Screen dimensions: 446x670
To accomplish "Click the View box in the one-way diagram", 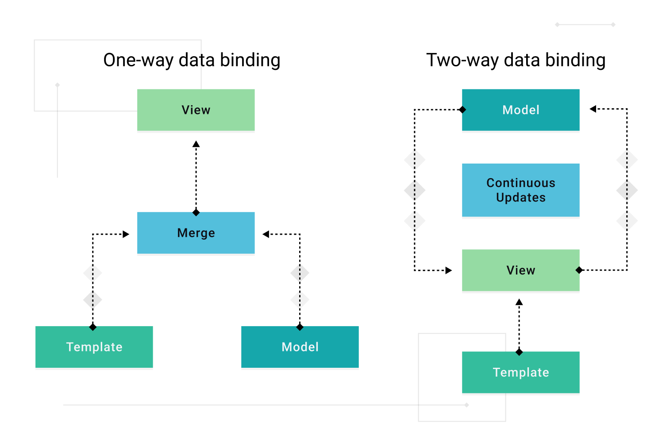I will click(x=196, y=110).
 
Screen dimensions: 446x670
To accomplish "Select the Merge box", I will click(x=196, y=233).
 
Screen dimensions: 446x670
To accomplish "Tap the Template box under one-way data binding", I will click(x=94, y=347).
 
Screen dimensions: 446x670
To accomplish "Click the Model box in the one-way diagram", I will click(x=300, y=347).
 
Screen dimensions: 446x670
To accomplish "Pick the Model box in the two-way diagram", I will click(x=520, y=110).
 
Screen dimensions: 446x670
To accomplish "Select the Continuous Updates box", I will click(x=520, y=190).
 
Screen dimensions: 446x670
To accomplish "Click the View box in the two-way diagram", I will click(x=520, y=270).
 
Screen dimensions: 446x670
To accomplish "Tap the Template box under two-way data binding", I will click(x=520, y=372).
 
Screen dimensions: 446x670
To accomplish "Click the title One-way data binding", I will click(x=192, y=60).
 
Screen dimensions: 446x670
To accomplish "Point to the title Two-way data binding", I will click(x=516, y=60).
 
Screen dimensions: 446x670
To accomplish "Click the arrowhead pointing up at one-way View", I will click(x=196, y=144).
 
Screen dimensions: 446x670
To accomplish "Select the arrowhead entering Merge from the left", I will click(x=126, y=234).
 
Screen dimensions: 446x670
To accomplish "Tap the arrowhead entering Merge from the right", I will click(x=266, y=234).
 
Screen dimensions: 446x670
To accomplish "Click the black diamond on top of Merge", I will click(x=196, y=213).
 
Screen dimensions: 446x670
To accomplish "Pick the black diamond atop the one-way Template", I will click(x=92, y=327).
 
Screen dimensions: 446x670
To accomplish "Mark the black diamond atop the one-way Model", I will click(x=300, y=327).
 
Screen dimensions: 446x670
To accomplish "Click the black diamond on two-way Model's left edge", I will click(x=462, y=110).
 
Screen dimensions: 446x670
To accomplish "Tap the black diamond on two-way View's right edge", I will click(x=579, y=270).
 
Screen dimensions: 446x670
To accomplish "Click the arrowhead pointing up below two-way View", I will click(x=519, y=302).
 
